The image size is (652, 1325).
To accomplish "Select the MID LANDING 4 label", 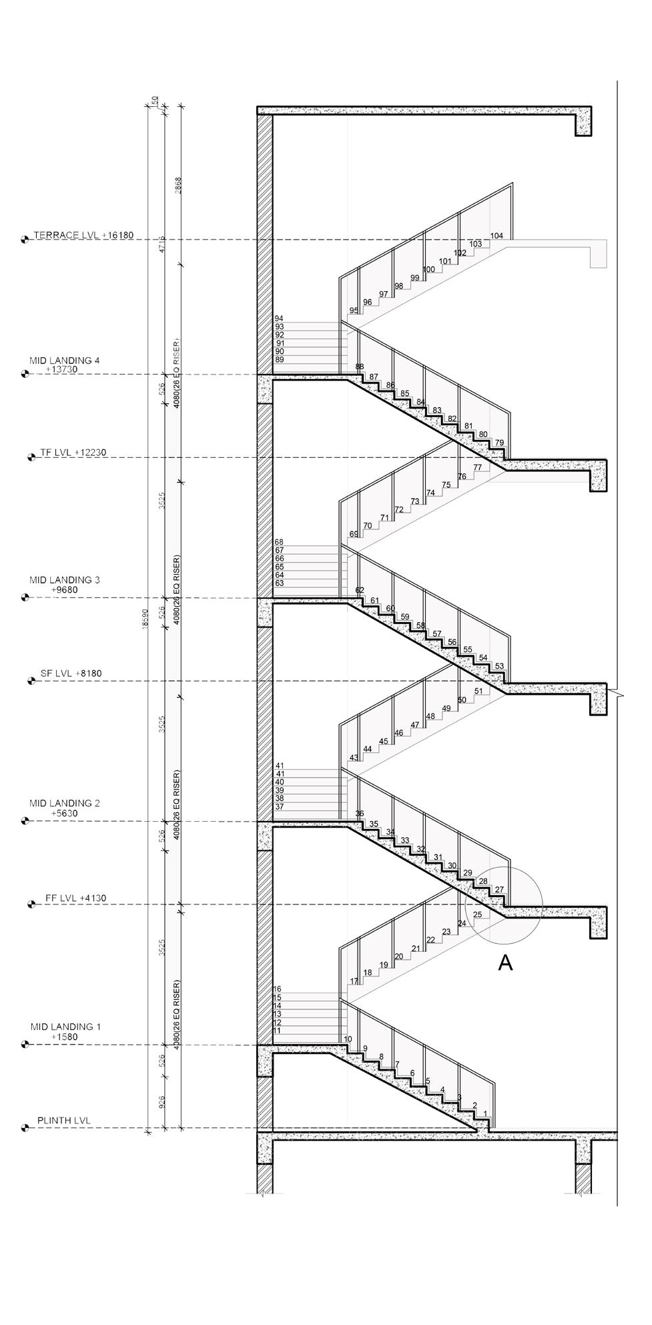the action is tap(64, 364).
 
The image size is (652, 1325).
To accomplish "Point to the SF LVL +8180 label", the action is tap(71, 674).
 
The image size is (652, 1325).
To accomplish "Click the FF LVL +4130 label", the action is tap(75, 898).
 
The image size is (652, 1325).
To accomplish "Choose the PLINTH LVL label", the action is tap(63, 1121).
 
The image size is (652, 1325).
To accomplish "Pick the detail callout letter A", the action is tap(506, 963).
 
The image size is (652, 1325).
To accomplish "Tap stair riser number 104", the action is tap(497, 236).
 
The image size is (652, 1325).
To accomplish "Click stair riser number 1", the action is tap(485, 1113).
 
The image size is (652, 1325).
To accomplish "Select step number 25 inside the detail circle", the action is tap(477, 914).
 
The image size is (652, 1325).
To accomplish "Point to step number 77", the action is tap(478, 468).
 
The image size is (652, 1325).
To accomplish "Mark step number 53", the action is tap(499, 666).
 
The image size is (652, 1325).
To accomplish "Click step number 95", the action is tap(354, 310).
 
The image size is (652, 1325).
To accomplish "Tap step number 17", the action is tap(354, 981).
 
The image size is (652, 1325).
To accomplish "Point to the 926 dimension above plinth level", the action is tap(162, 1101).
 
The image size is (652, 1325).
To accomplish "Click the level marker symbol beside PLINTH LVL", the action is tap(25, 1128).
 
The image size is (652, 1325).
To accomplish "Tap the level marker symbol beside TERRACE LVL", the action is tap(25, 240).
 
